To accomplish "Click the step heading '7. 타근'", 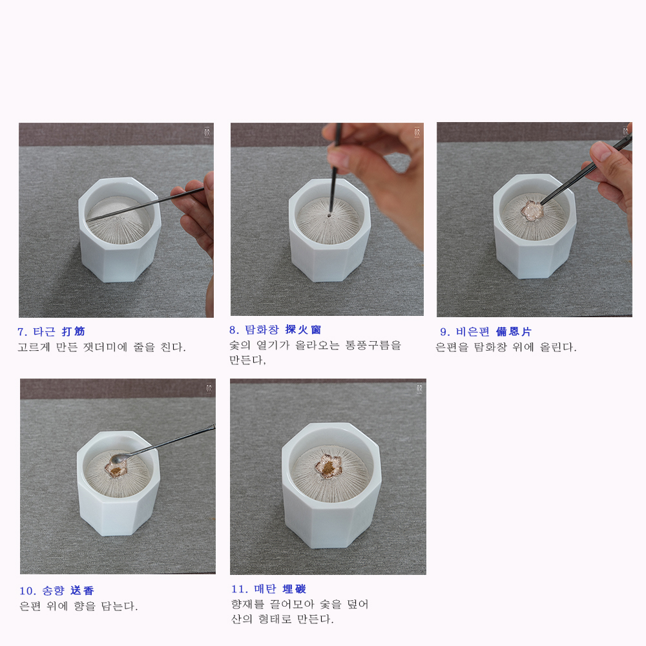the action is [x=36, y=331].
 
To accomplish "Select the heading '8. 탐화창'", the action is [x=254, y=329].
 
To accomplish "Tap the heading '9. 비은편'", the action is [x=464, y=331].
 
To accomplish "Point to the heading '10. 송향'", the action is [x=42, y=590].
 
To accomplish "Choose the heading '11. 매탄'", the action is [x=253, y=589].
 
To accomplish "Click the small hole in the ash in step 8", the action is [x=329, y=215].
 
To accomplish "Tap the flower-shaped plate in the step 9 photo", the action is [x=532, y=210].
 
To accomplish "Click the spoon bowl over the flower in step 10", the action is [x=117, y=459].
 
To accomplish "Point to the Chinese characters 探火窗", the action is [x=303, y=329].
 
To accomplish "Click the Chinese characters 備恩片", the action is [x=514, y=331].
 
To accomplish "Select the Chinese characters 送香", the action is [x=83, y=590].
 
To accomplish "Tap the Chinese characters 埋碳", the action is [x=294, y=589].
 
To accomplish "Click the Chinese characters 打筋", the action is [x=74, y=331].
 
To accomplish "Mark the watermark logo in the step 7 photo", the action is [x=207, y=132].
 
